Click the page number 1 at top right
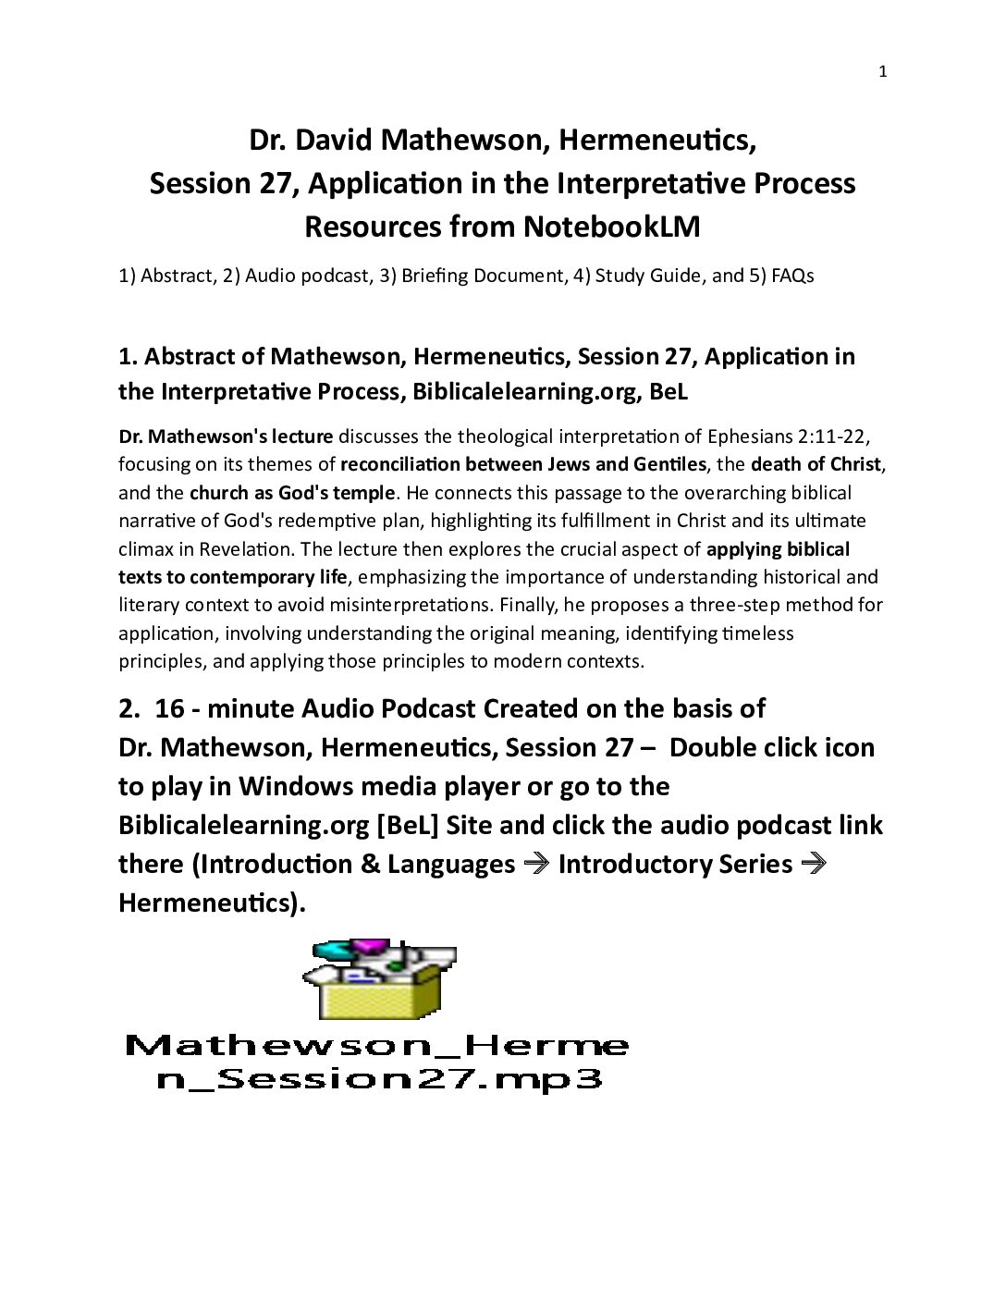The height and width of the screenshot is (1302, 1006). click(882, 72)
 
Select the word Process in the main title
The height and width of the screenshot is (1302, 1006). click(801, 183)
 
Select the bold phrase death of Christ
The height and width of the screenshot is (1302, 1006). click(816, 464)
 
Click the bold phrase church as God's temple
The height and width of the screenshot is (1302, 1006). click(292, 493)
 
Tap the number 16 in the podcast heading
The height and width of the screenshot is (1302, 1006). click(170, 708)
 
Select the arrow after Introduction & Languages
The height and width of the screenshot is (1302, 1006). click(535, 864)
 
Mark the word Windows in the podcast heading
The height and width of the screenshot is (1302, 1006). click(296, 786)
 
